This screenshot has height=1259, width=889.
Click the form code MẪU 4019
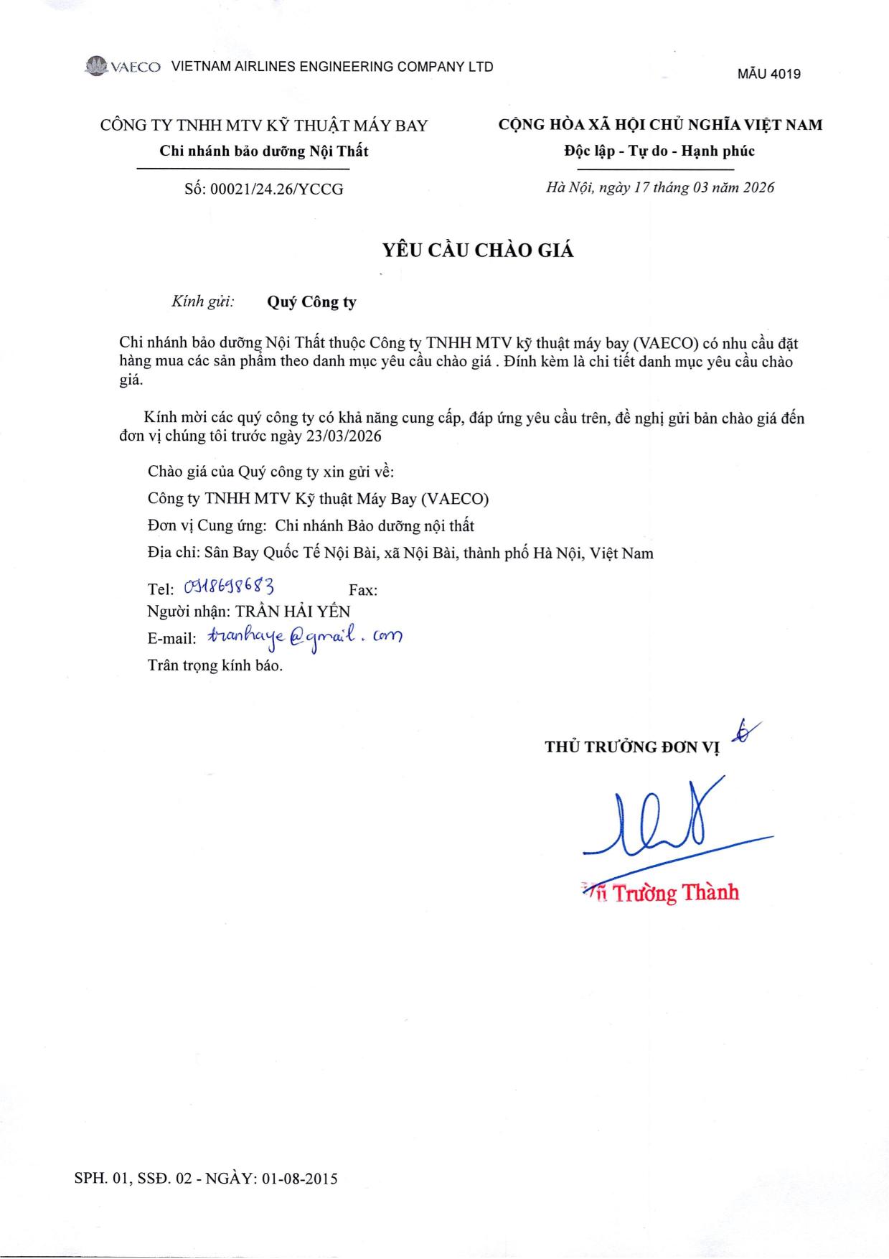click(768, 74)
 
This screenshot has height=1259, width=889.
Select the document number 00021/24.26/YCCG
click(276, 189)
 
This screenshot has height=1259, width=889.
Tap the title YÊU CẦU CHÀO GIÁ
click(478, 251)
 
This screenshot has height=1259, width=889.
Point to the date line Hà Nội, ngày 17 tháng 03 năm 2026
click(660, 187)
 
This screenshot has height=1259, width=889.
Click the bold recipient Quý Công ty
click(311, 301)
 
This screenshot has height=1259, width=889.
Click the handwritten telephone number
click(230, 587)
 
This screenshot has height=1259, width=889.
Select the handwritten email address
click(304, 637)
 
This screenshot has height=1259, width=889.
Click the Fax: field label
click(363, 590)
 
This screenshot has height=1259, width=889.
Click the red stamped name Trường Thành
click(674, 893)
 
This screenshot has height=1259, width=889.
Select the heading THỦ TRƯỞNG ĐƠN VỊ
click(631, 746)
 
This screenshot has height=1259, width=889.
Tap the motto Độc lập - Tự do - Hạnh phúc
click(659, 151)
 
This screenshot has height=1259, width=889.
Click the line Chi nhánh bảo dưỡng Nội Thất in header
click(263, 151)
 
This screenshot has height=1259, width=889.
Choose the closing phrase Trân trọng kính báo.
click(215, 665)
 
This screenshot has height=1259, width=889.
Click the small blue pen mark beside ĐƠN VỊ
click(746, 731)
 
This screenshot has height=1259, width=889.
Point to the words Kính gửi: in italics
click(202, 301)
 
